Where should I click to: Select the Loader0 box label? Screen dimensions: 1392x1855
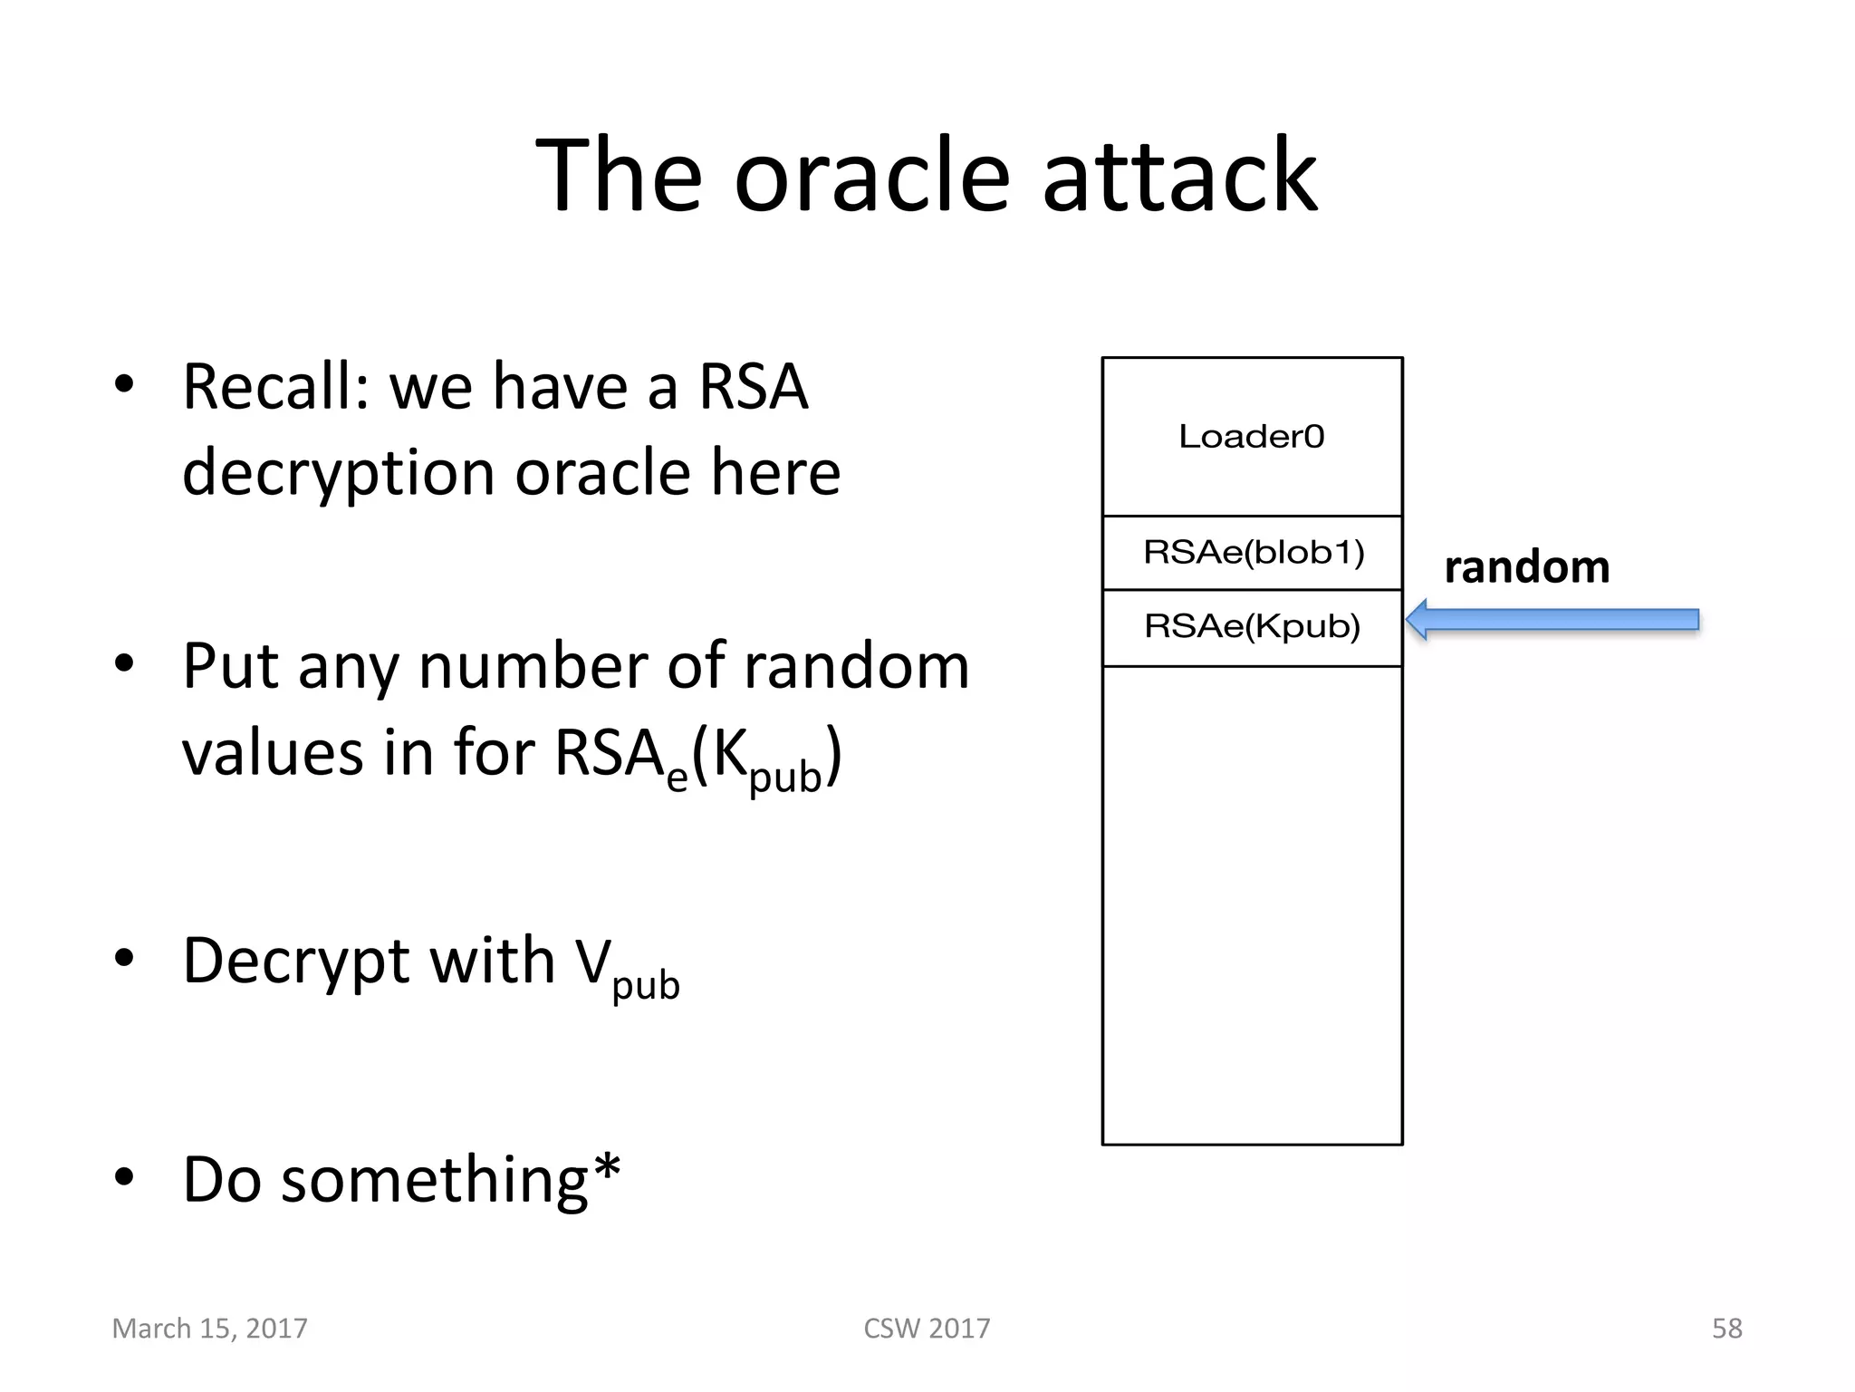pyautogui.click(x=1252, y=437)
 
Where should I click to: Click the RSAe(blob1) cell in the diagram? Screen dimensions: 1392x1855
pyautogui.click(x=1253, y=552)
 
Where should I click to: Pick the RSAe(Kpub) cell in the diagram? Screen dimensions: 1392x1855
pyautogui.click(x=1253, y=626)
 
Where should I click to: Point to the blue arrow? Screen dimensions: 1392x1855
pyautogui.click(x=1552, y=620)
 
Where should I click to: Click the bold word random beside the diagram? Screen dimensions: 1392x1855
pyautogui.click(x=1526, y=568)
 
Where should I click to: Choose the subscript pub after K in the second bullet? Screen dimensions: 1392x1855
pyautogui.click(x=785, y=778)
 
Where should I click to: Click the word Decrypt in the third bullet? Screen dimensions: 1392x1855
pyautogui.click(x=299, y=961)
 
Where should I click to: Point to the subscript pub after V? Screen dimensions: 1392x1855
pyautogui.click(x=645, y=985)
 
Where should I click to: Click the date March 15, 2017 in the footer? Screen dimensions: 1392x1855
pyautogui.click(x=209, y=1329)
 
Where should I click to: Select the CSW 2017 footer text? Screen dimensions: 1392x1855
pyautogui.click(x=927, y=1329)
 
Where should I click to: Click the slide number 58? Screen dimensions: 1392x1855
pyautogui.click(x=1726, y=1329)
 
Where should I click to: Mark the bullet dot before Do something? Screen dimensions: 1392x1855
pyautogui.click(x=124, y=1177)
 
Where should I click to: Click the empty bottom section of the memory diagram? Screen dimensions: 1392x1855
pyautogui.click(x=1252, y=906)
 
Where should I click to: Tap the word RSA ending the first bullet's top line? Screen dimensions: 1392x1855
pyautogui.click(x=754, y=388)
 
